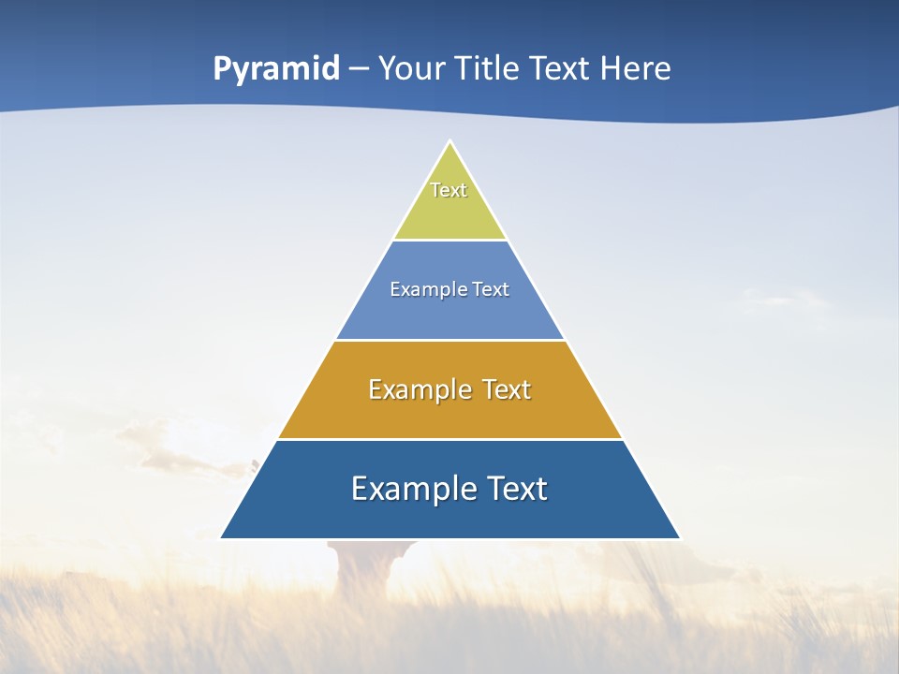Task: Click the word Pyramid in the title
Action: [x=276, y=69]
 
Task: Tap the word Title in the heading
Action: [x=491, y=68]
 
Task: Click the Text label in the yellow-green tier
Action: [x=449, y=190]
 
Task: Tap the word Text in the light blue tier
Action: [x=492, y=289]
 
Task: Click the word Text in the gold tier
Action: [x=507, y=389]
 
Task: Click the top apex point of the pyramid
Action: [x=449, y=142]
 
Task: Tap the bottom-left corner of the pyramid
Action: [x=222, y=538]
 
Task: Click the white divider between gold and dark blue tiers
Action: [x=449, y=439]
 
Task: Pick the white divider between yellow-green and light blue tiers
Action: [x=449, y=241]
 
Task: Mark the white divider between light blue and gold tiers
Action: [x=449, y=340]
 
